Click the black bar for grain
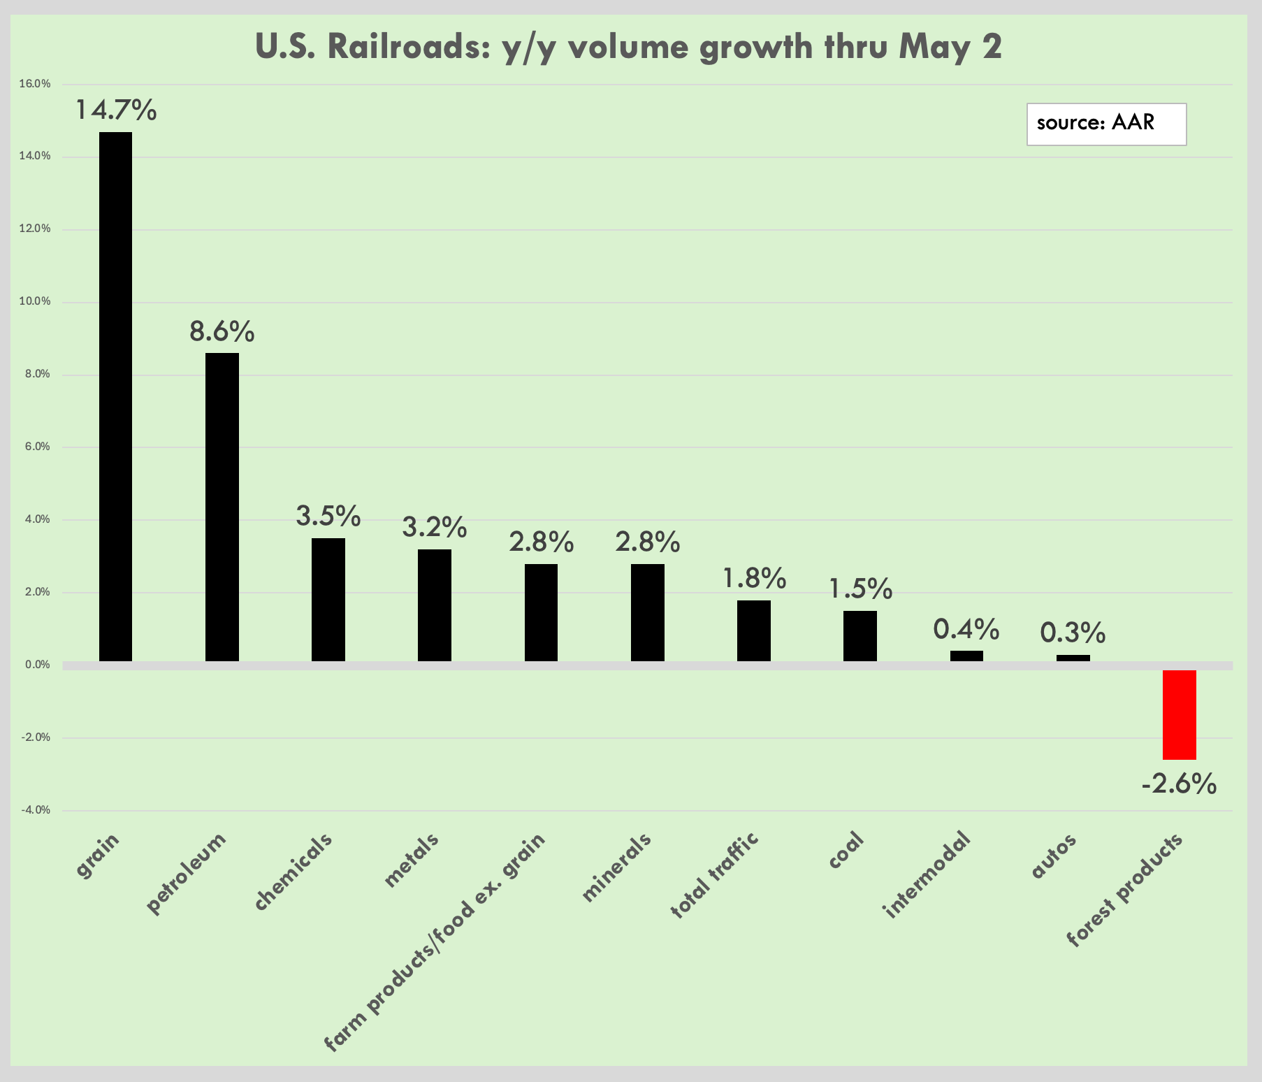115,396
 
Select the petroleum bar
222,507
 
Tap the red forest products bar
1180,714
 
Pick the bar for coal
860,636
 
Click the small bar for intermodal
966,656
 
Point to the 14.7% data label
116,110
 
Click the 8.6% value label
222,331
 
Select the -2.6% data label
1180,784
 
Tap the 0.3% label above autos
1073,633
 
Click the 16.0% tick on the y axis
35,84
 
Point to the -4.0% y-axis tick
35,810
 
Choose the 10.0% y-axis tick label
35,302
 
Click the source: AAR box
1106,124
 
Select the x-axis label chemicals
293,872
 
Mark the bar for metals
435,605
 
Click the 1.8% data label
755,578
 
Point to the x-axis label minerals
616,867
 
